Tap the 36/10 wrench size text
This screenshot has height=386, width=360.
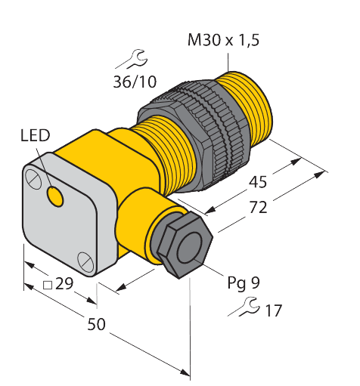(x=135, y=82)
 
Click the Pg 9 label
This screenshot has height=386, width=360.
(x=244, y=283)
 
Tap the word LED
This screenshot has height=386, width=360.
(x=35, y=136)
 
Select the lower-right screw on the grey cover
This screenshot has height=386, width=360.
(x=84, y=261)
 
